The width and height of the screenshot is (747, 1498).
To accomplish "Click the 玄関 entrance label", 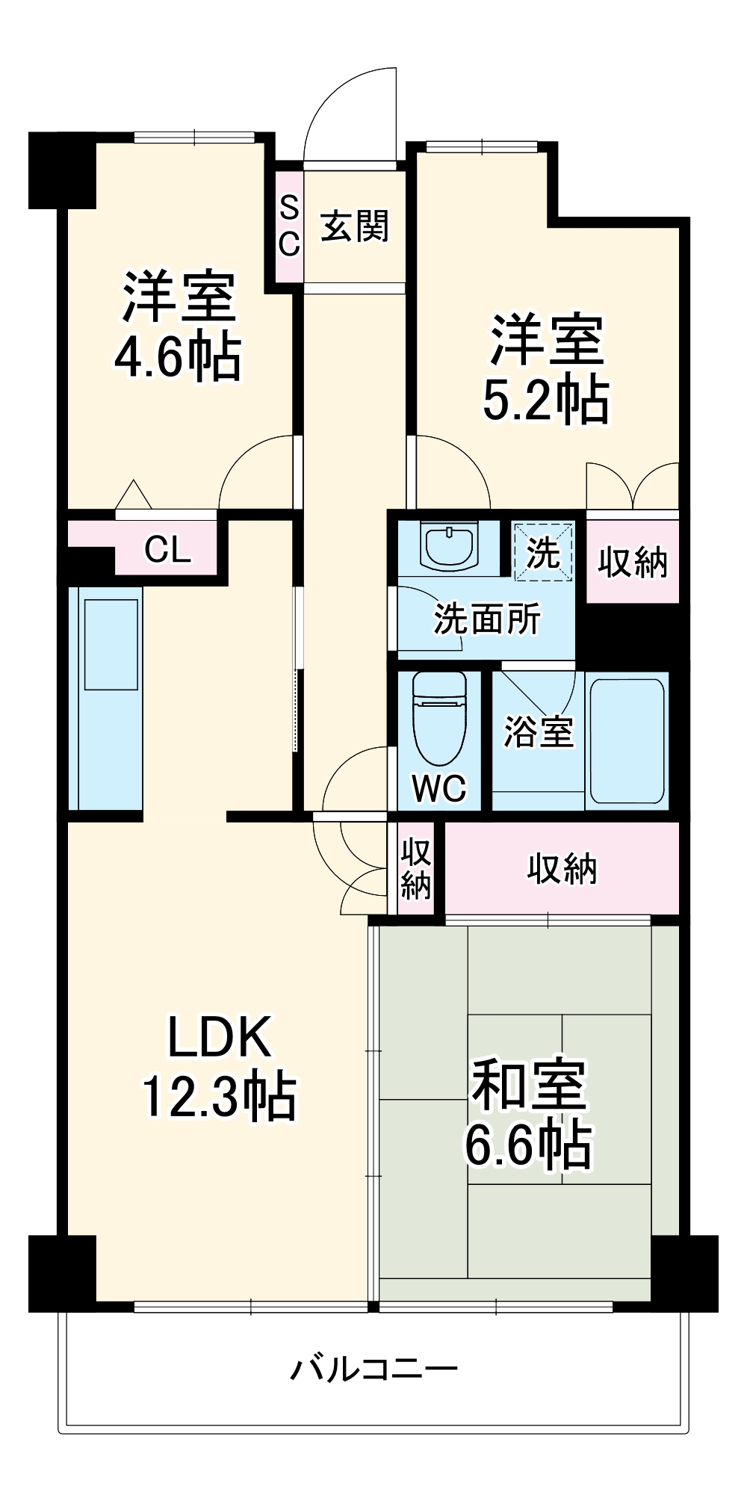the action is (355, 226).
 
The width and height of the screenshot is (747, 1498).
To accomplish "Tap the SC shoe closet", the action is (289, 226).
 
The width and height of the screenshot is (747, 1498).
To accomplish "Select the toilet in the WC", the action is (439, 719).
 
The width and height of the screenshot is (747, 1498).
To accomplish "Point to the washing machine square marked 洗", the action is (543, 552).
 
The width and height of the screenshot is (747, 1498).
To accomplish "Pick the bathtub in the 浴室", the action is (627, 740).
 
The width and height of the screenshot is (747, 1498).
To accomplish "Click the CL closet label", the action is (167, 550).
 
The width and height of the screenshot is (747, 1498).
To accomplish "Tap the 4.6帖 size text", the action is (178, 357).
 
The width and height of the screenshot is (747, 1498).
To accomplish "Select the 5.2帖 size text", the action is (545, 400).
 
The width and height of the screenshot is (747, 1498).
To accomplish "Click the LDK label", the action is (219, 1036).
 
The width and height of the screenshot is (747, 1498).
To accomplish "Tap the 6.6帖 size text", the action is (529, 1144).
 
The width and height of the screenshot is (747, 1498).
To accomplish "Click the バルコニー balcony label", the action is (374, 1369).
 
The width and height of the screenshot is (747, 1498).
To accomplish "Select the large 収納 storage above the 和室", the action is (562, 868).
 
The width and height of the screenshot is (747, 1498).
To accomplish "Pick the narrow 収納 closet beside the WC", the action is (415, 868).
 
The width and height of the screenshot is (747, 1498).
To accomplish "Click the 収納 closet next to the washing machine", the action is (633, 561).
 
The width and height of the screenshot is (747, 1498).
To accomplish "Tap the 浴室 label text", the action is (539, 731).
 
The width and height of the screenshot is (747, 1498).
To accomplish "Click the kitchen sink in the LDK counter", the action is (111, 645).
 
